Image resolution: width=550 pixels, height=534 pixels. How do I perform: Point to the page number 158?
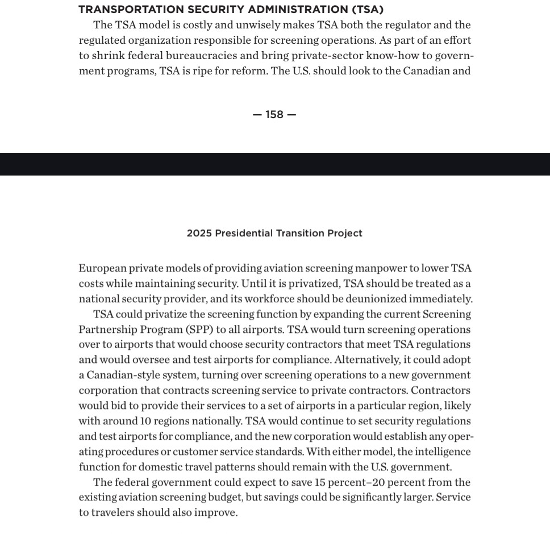pos(274,115)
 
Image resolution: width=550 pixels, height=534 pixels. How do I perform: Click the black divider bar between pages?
pos(275,164)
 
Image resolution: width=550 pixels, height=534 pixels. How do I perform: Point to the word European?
pos(102,268)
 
